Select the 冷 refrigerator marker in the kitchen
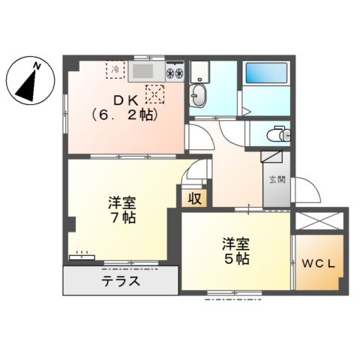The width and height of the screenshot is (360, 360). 115,69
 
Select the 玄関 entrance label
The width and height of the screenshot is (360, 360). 276,179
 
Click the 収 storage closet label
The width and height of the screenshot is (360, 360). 193,199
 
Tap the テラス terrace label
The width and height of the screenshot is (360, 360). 120,283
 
